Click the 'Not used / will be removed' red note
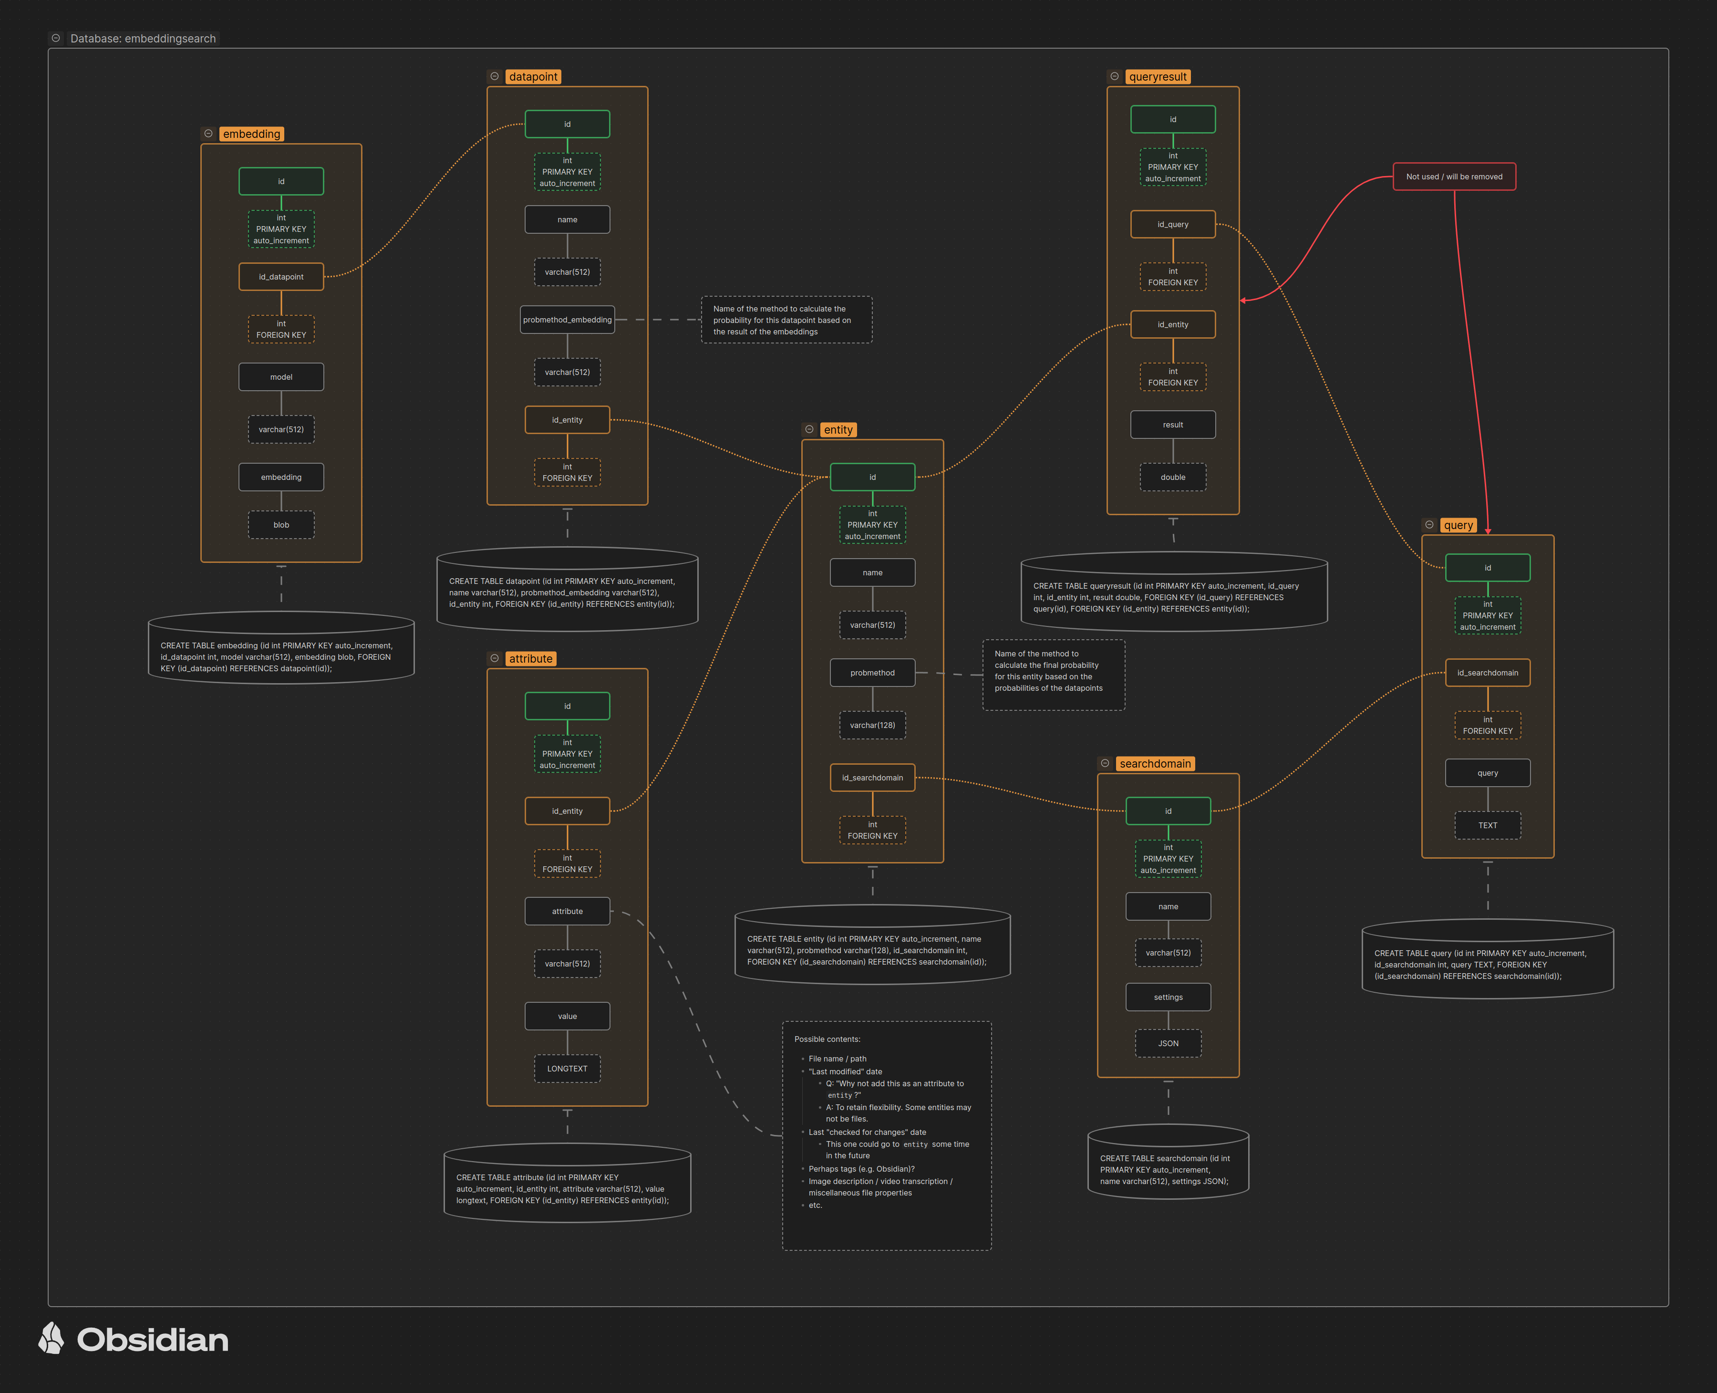click(x=1454, y=177)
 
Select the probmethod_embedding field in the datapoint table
click(x=567, y=319)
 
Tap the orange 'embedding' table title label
click(x=251, y=134)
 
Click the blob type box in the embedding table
click(x=281, y=525)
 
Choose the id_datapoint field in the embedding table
click(x=281, y=277)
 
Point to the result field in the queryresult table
click(x=1172, y=425)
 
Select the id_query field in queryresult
click(x=1172, y=224)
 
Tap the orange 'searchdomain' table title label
click(x=1155, y=763)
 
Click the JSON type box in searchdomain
click(x=1168, y=1043)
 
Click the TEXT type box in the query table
click(x=1488, y=825)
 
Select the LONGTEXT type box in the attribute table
click(x=567, y=1068)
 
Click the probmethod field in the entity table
click(x=872, y=673)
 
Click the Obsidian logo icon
click(x=52, y=1339)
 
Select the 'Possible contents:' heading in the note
click(x=827, y=1039)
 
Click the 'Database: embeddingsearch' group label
click(x=143, y=39)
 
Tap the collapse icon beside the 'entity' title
click(x=809, y=429)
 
